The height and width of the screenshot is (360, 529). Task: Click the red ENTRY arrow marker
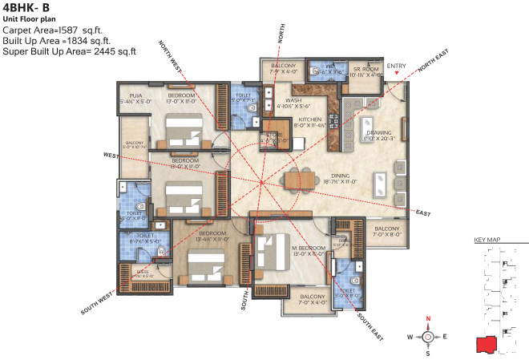click(397, 75)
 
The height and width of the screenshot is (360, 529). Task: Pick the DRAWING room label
click(378, 133)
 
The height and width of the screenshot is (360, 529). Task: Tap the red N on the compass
click(428, 319)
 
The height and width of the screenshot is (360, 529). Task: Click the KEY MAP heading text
click(487, 240)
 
